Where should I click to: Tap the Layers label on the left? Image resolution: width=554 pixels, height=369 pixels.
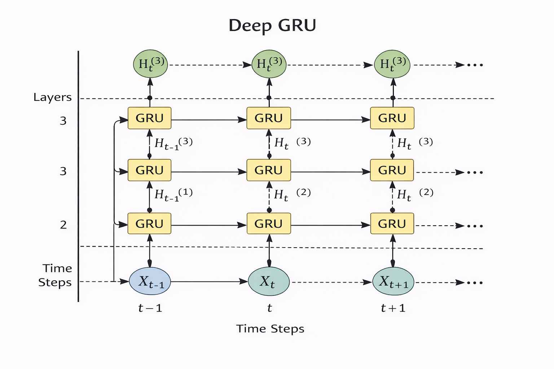point(52,97)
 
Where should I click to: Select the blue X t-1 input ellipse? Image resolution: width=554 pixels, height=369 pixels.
point(150,281)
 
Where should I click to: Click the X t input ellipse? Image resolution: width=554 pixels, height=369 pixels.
point(269,281)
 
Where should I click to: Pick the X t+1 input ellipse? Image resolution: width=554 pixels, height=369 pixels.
point(393,281)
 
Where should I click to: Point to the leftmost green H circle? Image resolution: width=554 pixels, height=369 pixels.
point(150,64)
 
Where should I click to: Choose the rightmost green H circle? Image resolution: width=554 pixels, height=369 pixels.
point(392,64)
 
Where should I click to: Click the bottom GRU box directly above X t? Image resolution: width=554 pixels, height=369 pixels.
point(269,224)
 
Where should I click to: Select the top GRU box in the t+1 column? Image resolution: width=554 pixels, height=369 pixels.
point(392,118)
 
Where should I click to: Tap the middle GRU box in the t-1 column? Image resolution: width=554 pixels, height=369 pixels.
point(149,170)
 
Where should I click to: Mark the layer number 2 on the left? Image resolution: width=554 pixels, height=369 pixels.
point(63,225)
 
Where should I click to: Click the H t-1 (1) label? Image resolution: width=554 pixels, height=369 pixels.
point(173,195)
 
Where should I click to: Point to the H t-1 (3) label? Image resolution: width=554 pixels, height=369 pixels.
point(173,143)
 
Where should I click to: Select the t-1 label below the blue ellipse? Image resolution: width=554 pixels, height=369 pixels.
point(150,308)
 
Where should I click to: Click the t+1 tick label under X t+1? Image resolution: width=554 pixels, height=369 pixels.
point(393,308)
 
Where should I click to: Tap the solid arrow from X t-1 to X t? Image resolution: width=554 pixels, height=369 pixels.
point(209,281)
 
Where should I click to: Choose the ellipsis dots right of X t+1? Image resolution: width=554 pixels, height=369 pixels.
point(475,283)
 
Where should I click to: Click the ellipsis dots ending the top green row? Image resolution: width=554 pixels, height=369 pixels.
point(475,65)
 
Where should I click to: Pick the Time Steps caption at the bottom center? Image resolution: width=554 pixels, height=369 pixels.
point(270,329)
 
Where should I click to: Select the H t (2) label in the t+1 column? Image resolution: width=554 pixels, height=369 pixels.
point(415,195)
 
